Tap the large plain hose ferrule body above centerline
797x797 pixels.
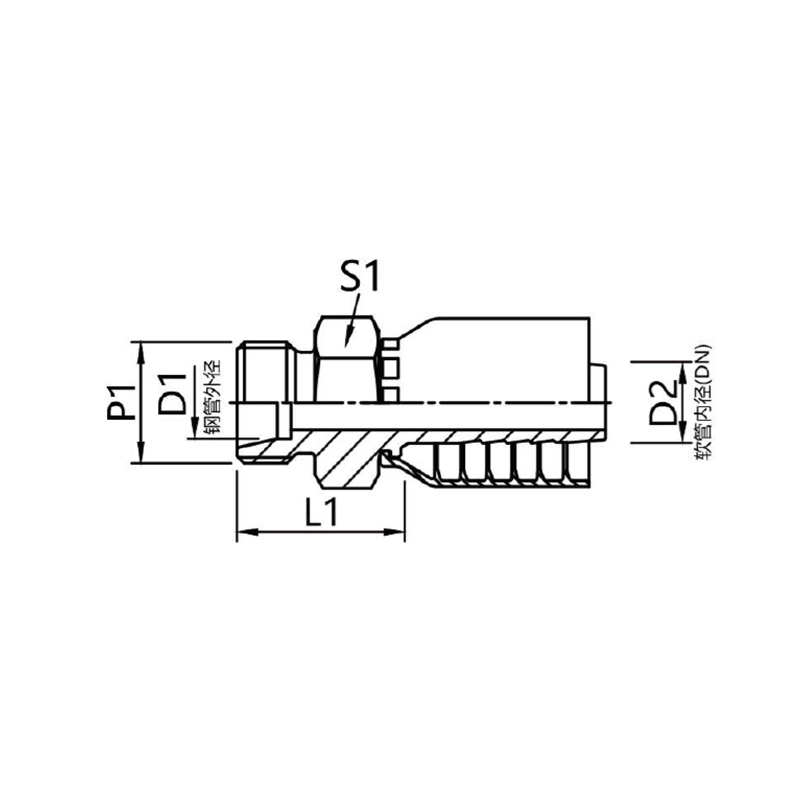[495, 359]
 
